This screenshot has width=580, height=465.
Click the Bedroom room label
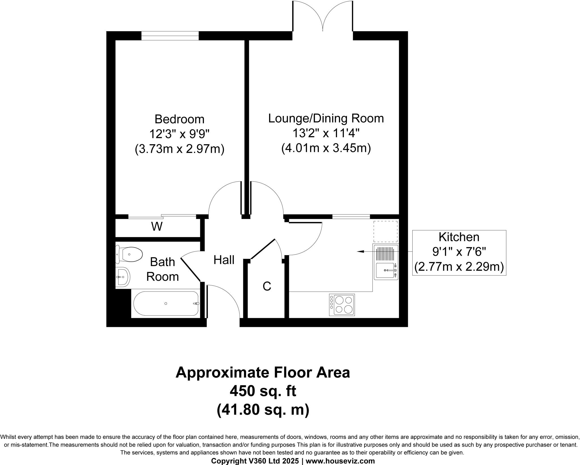coord(179,119)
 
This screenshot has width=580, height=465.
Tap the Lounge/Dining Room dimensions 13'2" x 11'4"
coord(326,133)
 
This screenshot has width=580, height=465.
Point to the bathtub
coord(166,303)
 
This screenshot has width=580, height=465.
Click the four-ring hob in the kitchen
coord(342,305)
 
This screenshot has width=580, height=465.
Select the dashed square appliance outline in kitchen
coord(385,232)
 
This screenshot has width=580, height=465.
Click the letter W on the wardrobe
coord(157,227)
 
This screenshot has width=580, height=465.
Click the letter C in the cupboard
coord(267,286)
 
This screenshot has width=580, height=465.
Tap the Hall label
coord(224,260)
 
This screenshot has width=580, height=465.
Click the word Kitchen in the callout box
coord(459,237)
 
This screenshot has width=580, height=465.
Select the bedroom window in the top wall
coord(170,36)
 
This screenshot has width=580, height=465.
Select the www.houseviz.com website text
coord(340,461)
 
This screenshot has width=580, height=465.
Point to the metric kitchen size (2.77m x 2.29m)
coord(459,267)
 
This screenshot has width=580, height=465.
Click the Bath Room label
coord(162,269)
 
